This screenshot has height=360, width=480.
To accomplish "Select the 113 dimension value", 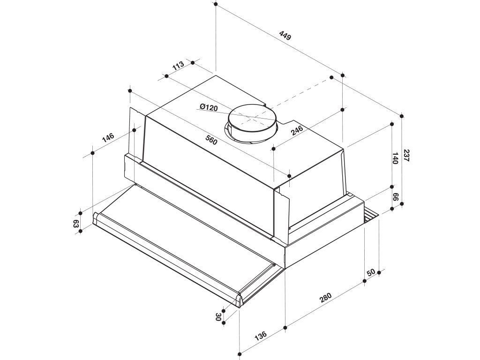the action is tap(178, 66).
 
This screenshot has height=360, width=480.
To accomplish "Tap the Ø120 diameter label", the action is tap(209, 108).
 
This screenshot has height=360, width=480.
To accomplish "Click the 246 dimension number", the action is tap(297, 130).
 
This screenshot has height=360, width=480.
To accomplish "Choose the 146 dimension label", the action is tap(108, 138).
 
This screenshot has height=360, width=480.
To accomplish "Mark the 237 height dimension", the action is tap(406, 156).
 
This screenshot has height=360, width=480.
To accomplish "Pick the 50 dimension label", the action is tap(371, 272).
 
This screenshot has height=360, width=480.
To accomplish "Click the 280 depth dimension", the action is tap(325, 298).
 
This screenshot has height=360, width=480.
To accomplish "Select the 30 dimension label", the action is tap(218, 317).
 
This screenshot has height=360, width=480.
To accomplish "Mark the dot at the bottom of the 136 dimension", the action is tap(239, 353).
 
